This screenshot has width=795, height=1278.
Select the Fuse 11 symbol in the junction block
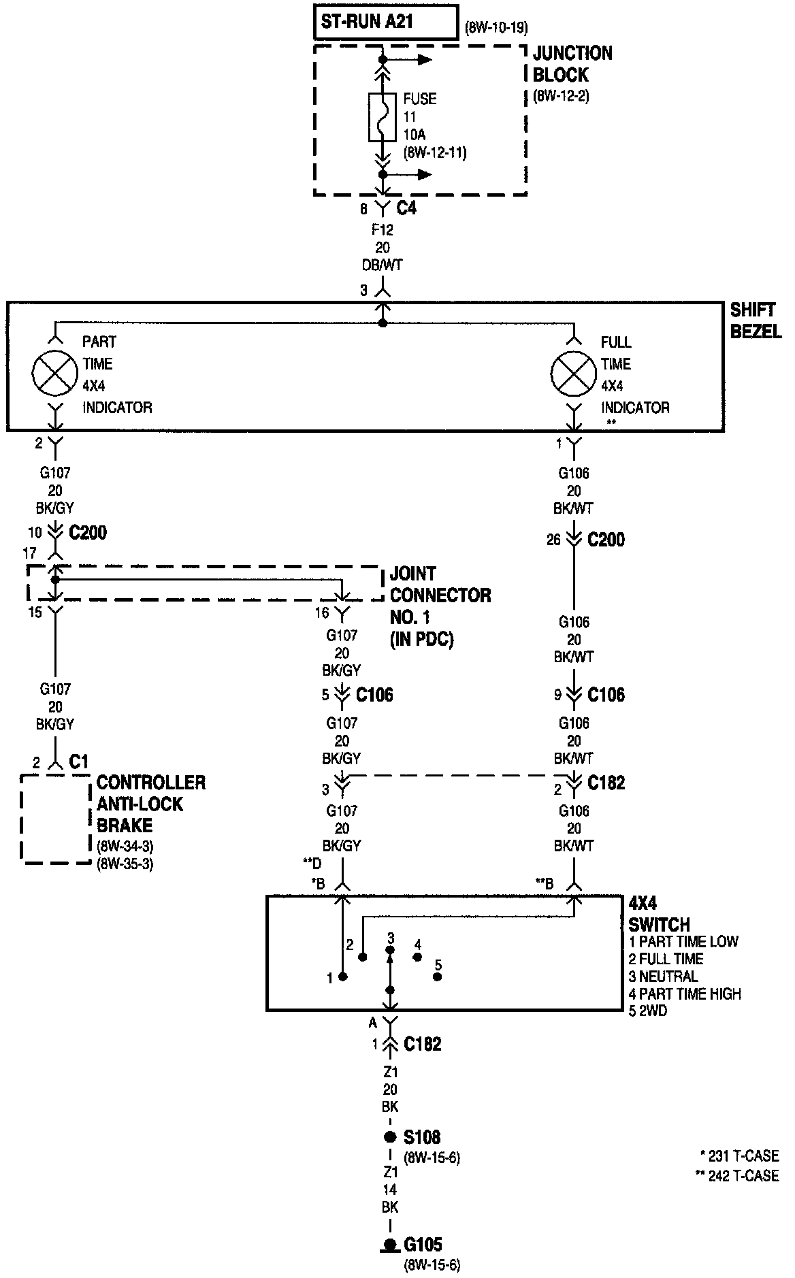[383, 117]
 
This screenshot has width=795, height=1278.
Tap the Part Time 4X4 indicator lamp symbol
[55, 374]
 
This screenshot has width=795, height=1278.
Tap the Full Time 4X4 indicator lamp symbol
[574, 374]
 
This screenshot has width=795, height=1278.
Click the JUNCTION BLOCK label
[572, 64]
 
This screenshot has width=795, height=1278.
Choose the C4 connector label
[406, 208]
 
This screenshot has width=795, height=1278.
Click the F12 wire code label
[383, 230]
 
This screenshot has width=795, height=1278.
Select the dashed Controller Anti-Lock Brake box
[56, 819]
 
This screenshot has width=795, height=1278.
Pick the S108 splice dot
[390, 1137]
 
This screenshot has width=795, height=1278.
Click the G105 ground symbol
[390, 1245]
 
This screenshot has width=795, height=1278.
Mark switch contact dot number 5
[438, 977]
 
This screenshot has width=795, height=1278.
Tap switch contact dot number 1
[343, 977]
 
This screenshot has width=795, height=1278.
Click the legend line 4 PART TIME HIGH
[685, 994]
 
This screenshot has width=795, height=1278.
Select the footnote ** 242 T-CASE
[737, 1175]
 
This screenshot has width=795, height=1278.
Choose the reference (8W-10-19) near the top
[496, 28]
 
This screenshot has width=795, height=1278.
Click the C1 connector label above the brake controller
[79, 761]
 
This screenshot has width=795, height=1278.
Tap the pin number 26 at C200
[553, 540]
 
